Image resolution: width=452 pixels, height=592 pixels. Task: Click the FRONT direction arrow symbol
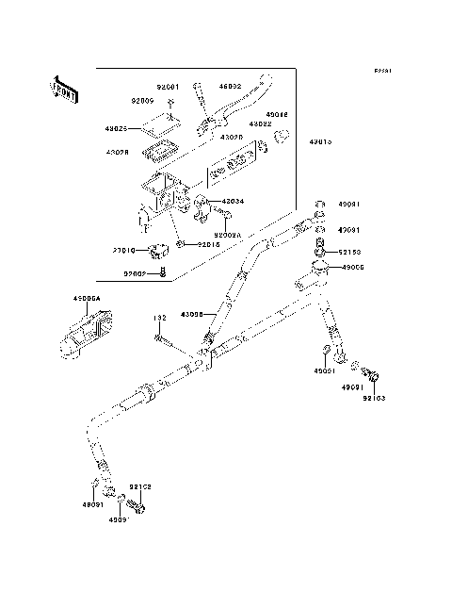(63, 89)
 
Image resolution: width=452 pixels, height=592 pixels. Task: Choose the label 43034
(234, 201)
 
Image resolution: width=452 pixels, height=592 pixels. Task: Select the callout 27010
(124, 251)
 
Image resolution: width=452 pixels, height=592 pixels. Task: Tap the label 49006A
(88, 301)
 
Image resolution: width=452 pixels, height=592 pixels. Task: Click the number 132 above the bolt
(159, 320)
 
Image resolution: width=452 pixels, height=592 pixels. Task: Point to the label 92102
(140, 487)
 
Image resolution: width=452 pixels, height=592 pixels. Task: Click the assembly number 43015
(319, 141)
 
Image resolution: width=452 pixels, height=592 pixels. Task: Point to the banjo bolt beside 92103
(371, 378)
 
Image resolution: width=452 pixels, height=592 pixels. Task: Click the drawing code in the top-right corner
(381, 70)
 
